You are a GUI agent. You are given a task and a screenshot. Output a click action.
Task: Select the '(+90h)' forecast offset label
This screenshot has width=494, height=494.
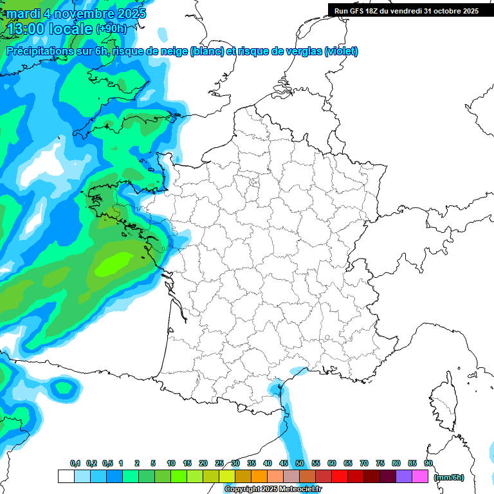click(111, 29)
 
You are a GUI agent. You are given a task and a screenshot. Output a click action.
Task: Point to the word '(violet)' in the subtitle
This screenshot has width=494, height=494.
click(341, 51)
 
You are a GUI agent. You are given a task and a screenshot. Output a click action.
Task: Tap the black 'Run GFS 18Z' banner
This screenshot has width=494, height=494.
click(406, 11)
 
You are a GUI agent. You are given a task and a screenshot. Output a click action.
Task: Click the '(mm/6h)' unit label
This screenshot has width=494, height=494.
click(449, 477)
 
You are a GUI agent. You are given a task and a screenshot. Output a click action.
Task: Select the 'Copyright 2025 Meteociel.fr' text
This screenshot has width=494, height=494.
click(273, 489)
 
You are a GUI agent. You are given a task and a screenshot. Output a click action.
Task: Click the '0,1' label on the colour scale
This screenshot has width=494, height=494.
click(75, 463)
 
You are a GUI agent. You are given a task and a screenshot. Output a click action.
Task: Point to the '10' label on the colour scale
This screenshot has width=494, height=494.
click(171, 463)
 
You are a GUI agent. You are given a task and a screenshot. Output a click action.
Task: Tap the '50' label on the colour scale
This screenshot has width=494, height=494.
click(300, 463)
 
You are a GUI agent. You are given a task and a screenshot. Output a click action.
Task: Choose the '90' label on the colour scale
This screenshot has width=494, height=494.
click(428, 463)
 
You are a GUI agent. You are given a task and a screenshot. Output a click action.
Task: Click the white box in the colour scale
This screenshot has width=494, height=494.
click(66, 476)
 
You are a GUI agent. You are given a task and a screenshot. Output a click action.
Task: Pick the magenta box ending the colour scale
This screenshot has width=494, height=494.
click(420, 476)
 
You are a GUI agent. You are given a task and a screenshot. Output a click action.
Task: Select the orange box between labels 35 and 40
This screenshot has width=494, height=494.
click(259, 476)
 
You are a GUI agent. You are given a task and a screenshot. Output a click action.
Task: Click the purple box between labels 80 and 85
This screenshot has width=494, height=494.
click(404, 476)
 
